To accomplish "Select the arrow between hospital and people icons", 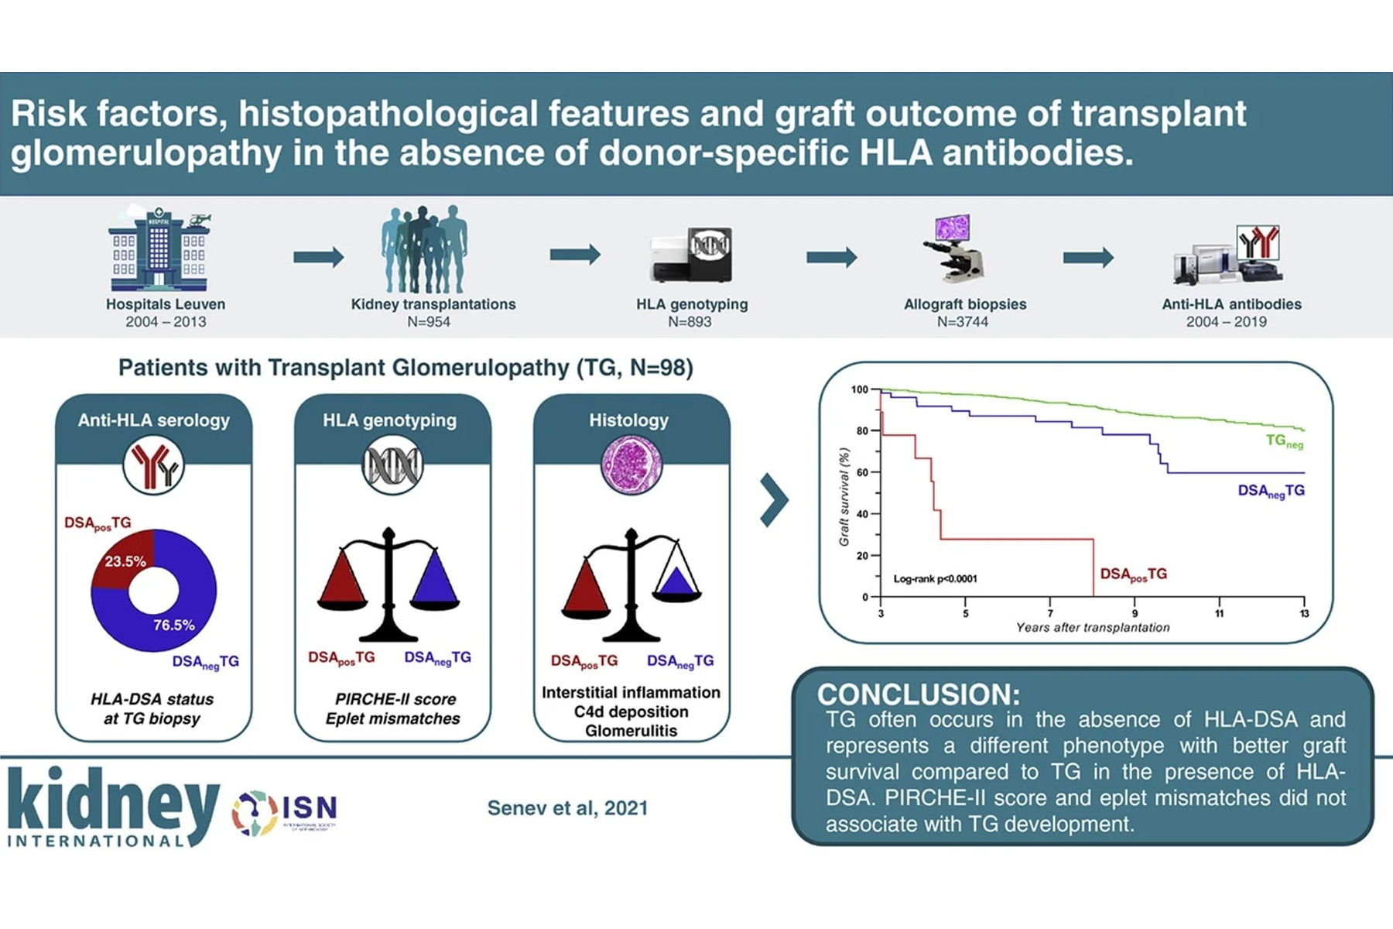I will tap(318, 256).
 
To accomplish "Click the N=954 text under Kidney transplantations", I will tap(429, 322).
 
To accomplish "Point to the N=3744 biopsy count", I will tap(963, 322).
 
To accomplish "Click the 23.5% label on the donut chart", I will tap(125, 561).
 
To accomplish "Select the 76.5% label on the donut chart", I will tap(174, 625).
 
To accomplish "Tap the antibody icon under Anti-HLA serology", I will tap(154, 465).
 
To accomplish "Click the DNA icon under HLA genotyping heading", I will tap(392, 465).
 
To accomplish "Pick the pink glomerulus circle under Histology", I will tap(631, 465).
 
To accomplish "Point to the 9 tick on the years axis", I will tap(1135, 613).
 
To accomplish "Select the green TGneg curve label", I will tap(1284, 441).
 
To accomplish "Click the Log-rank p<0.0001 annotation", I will tap(935, 578).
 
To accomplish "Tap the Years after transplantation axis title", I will tap(1093, 628).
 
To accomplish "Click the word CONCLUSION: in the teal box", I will tap(919, 694).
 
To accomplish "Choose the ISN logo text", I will tap(310, 808).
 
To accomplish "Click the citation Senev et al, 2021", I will tap(567, 808).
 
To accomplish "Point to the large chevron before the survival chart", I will tap(773, 500).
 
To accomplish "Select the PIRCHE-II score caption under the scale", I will tap(395, 699).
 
